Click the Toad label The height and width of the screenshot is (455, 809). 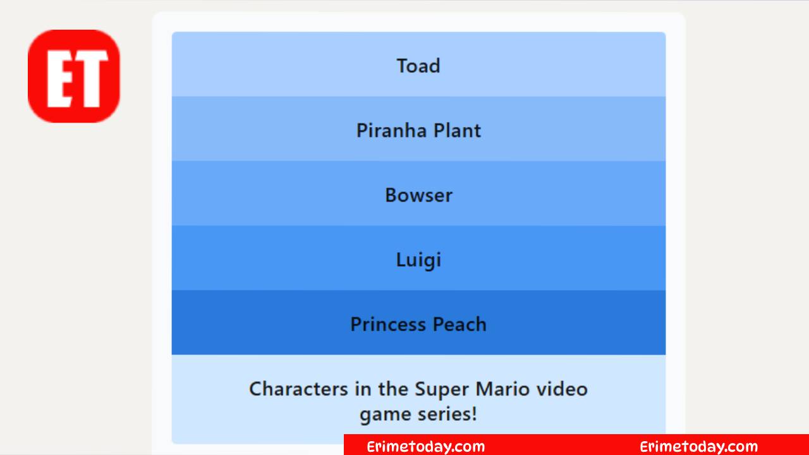[418, 66]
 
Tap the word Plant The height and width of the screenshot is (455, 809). [457, 130]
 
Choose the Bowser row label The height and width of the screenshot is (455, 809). [418, 195]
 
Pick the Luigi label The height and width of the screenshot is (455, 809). [418, 260]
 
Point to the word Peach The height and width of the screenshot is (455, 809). [459, 324]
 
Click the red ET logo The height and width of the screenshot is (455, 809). [74, 76]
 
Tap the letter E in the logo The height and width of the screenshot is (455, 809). [60, 79]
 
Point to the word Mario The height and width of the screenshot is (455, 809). [502, 389]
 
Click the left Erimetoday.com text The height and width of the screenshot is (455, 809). [426, 447]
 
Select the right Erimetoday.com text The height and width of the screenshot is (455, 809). [699, 447]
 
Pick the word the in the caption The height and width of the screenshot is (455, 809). [393, 389]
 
